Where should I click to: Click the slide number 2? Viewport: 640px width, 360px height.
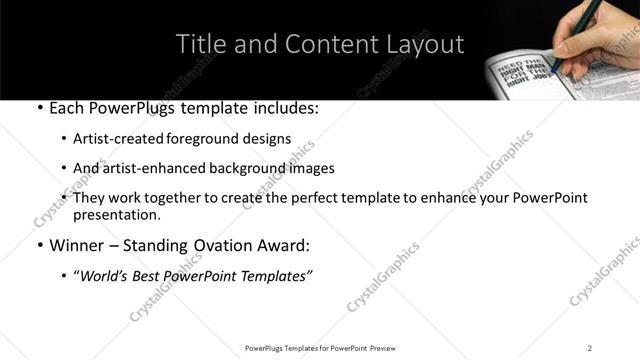pos(590,348)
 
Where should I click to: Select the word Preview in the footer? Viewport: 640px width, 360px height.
pos(388,348)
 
